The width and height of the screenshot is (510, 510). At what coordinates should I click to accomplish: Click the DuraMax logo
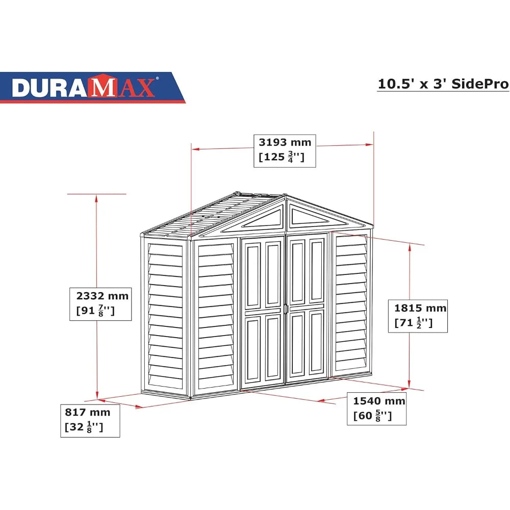pos(84,87)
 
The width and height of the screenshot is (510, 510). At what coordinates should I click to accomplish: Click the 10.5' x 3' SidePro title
pos(443,84)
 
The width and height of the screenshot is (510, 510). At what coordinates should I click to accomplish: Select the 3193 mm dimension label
pos(284,142)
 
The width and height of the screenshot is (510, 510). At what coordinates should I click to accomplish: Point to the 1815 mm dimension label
pos(420,308)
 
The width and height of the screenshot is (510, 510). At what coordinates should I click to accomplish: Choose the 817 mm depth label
pos(87,412)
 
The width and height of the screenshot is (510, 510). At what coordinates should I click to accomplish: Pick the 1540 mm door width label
pos(379,401)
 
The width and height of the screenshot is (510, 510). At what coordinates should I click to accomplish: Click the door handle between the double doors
pos(286,309)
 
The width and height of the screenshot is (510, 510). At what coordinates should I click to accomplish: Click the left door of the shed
pos(263,312)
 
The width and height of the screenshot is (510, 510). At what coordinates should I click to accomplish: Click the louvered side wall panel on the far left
pos(164,316)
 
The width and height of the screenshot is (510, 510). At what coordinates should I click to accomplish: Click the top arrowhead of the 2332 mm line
pos(96,197)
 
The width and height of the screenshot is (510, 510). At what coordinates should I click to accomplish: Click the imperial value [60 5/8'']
pos(373,416)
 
